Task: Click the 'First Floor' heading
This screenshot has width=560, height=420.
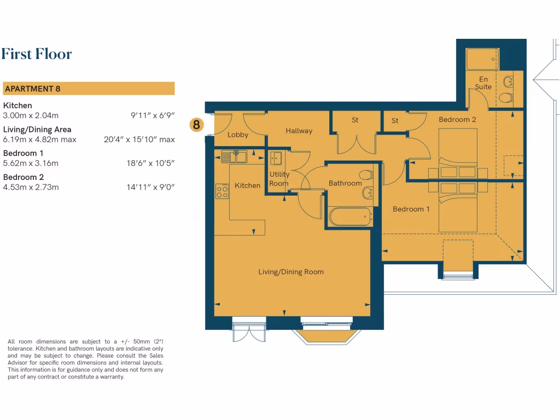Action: coord(37,54)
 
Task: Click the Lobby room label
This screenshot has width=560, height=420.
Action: coord(238,135)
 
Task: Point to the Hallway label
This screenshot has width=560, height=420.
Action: coord(299,131)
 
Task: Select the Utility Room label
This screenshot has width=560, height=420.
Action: coord(279,179)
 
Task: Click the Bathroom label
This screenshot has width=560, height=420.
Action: coord(345,183)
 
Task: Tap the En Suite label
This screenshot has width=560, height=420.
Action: coord(483,83)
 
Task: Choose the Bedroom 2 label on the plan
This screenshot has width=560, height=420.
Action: coord(457,119)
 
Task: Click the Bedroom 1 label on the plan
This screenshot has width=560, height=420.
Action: coord(411,209)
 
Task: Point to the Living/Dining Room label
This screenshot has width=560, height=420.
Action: coord(291,272)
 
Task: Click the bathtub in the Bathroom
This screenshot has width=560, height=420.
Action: coord(351,217)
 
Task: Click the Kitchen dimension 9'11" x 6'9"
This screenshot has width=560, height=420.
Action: coord(153,115)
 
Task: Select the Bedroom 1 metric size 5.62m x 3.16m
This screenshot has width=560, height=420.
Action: coord(31,163)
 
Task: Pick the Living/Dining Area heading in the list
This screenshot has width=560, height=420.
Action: coord(37,130)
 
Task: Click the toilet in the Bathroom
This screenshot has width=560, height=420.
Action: coord(366,175)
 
